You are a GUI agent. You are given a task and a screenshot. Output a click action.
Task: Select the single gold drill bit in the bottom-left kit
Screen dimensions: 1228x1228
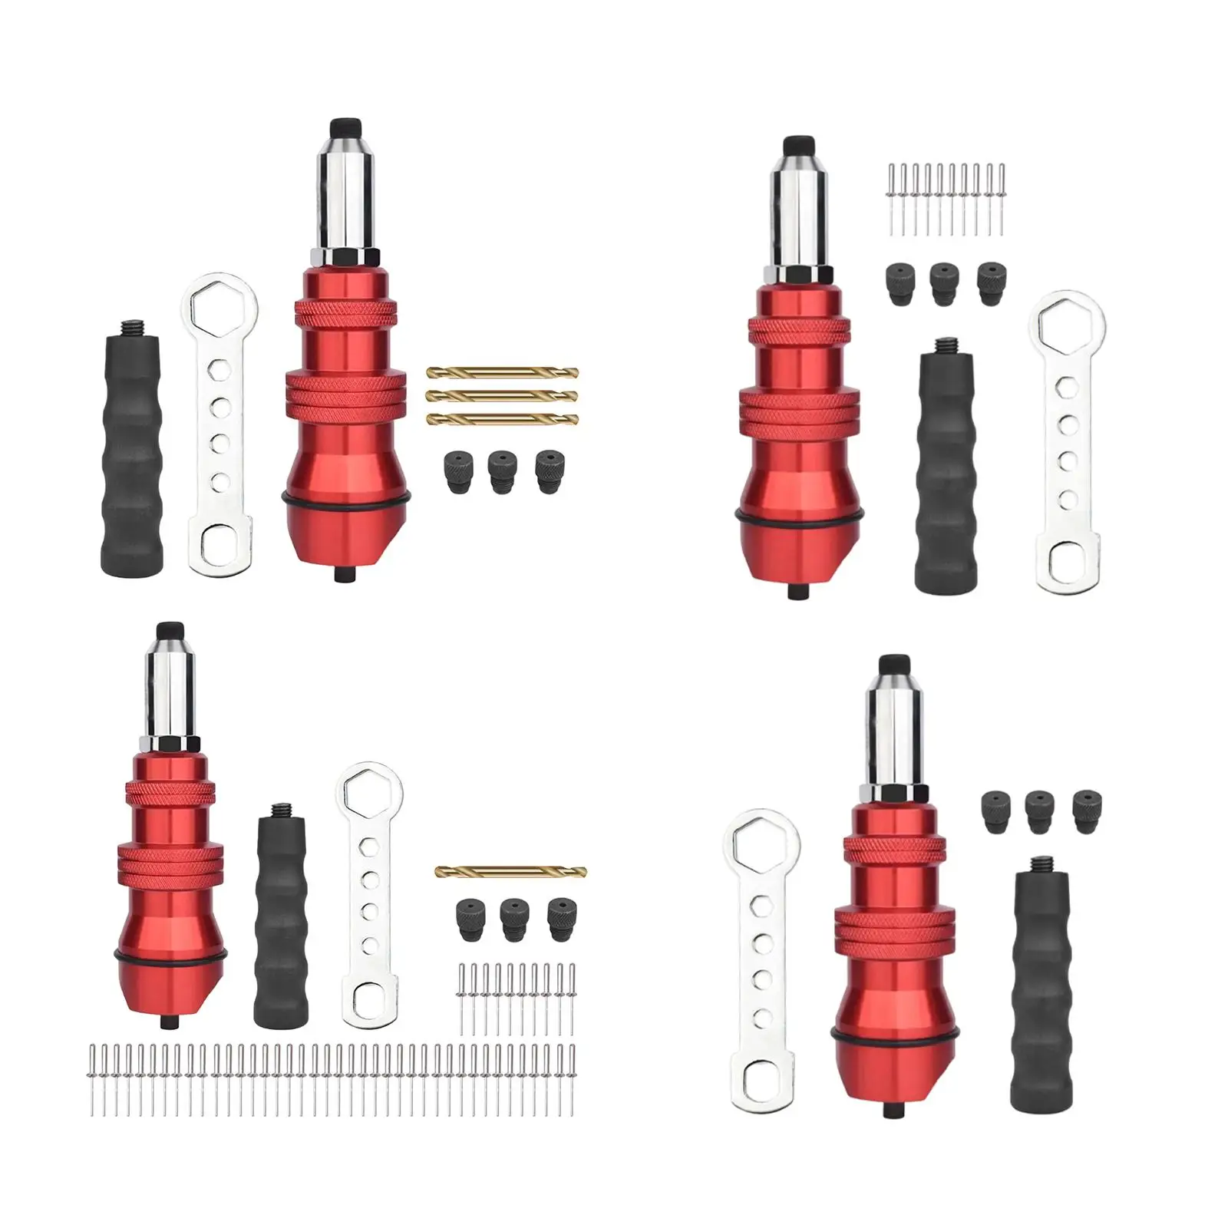point(510,871)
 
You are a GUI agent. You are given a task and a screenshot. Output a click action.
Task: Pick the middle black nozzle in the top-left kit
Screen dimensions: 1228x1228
point(501,471)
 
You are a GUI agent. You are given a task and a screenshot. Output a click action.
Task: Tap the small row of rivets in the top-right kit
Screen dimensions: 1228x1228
point(946,200)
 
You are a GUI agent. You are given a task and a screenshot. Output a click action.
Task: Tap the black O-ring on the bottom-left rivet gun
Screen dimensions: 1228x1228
point(170,956)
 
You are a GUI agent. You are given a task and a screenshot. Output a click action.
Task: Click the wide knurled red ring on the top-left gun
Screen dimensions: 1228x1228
point(345,398)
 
